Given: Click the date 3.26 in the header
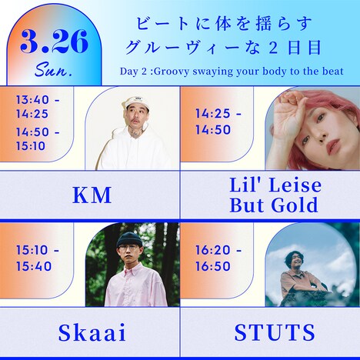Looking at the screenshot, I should (55, 43).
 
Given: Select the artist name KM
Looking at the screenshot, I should (91, 195).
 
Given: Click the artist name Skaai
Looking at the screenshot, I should (91, 333).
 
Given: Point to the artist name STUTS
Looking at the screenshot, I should (275, 333).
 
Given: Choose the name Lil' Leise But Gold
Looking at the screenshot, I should (275, 195).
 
